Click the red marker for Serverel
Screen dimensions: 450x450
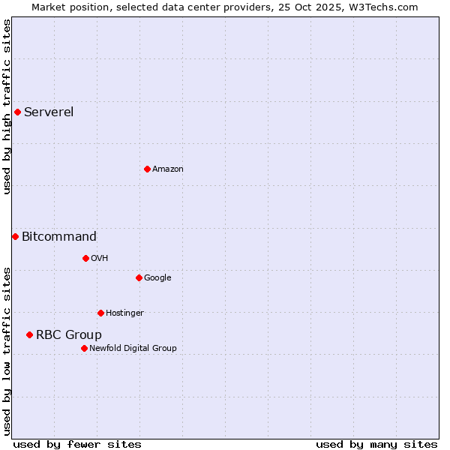click(17, 112)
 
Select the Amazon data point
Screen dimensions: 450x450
click(147, 169)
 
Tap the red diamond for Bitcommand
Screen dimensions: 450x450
click(15, 237)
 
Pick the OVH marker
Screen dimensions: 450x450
click(85, 258)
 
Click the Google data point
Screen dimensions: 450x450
click(139, 277)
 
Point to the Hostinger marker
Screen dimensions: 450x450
click(100, 313)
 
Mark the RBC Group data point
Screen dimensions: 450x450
click(29, 334)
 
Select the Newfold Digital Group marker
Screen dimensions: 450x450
click(84, 348)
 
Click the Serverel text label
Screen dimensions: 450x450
click(49, 112)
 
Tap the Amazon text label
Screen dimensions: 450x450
click(168, 169)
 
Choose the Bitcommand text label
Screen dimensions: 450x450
click(59, 237)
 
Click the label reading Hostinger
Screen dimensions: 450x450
click(124, 313)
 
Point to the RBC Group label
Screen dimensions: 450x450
click(69, 335)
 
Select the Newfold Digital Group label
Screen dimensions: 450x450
click(133, 348)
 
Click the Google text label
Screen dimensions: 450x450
click(157, 278)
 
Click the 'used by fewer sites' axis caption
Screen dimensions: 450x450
click(77, 444)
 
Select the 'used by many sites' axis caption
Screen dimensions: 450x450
click(376, 444)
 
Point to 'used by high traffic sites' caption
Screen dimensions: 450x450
click(7, 106)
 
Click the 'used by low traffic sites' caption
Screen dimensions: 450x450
click(7, 350)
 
